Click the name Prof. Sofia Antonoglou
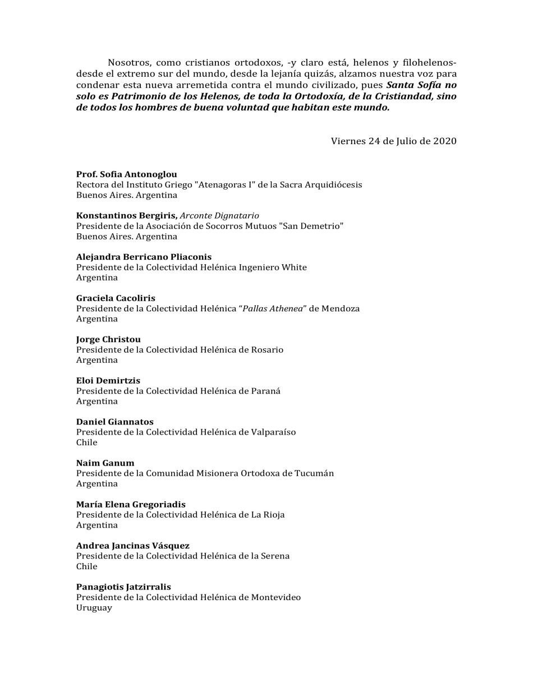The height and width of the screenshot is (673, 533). pyautogui.click(x=126, y=174)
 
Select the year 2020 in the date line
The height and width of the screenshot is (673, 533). pyautogui.click(x=444, y=141)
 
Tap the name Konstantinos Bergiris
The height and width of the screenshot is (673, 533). pyautogui.click(x=127, y=215)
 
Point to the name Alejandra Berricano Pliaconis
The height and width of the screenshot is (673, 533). pyautogui.click(x=144, y=257)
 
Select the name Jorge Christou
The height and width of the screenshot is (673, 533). pyautogui.click(x=108, y=339)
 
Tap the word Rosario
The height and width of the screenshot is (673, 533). pyautogui.click(x=263, y=350)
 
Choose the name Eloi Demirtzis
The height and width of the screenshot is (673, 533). pyautogui.click(x=108, y=380)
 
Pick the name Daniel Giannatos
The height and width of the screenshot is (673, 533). pyautogui.click(x=114, y=422)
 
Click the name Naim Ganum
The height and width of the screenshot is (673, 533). pyautogui.click(x=105, y=463)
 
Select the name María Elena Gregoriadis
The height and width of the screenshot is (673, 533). pyautogui.click(x=131, y=504)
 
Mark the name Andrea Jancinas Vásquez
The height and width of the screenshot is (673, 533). pyautogui.click(x=132, y=545)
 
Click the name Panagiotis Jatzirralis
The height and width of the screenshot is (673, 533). pyautogui.click(x=123, y=587)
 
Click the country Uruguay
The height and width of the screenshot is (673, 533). pyautogui.click(x=94, y=607)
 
